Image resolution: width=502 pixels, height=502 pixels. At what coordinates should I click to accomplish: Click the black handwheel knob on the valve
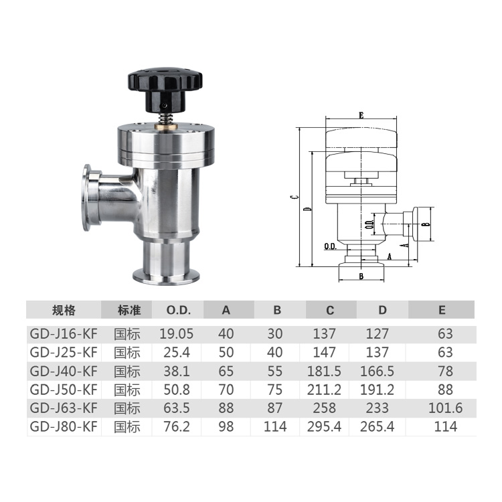pyautogui.click(x=165, y=86)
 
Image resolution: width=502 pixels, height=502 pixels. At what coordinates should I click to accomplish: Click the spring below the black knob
pyautogui.click(x=165, y=118)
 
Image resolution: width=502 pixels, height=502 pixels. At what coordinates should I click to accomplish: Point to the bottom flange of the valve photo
pyautogui.click(x=167, y=277)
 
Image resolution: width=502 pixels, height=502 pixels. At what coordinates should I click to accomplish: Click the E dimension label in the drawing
pyautogui.click(x=361, y=115)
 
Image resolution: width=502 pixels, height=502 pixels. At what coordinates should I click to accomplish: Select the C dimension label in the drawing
pyautogui.click(x=296, y=197)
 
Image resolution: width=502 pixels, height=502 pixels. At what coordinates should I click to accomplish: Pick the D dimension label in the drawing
pyautogui.click(x=308, y=209)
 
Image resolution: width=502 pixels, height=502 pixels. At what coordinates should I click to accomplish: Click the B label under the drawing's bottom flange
pyautogui.click(x=361, y=276)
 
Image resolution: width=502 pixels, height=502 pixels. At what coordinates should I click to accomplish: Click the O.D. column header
pyautogui.click(x=178, y=310)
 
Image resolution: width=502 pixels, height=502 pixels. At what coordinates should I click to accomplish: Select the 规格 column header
pyautogui.click(x=64, y=310)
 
